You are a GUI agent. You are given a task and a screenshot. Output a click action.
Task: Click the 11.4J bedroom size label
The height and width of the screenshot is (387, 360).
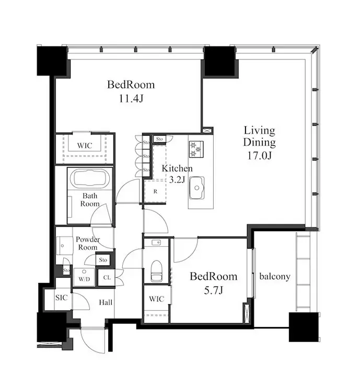(x=131, y=99)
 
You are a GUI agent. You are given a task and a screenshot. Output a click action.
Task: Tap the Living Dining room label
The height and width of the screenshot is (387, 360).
(x=259, y=136)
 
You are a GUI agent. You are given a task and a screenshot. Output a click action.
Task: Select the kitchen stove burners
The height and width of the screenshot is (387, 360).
(x=196, y=149)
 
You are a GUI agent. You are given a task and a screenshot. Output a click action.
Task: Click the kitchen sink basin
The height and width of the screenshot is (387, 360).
(x=197, y=188)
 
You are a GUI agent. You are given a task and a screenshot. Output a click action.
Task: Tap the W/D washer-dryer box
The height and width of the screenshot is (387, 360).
(x=84, y=277)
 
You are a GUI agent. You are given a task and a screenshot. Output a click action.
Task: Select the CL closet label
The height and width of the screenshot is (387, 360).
(x=107, y=278)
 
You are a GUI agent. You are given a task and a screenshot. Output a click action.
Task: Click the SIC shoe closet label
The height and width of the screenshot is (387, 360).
(x=62, y=298)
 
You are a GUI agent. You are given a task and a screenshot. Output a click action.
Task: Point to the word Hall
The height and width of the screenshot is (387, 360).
(x=106, y=302)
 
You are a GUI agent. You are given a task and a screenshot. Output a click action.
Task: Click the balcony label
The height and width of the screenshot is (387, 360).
(x=275, y=277)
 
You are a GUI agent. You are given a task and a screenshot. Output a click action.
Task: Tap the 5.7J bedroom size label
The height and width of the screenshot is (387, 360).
(x=214, y=290)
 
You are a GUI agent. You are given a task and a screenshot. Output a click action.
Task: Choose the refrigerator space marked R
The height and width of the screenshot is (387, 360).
(x=155, y=191)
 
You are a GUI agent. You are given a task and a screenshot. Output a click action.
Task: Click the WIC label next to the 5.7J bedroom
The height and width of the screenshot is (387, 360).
(x=157, y=299)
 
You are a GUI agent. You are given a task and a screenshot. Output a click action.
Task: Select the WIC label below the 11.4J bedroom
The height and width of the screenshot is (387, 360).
(x=85, y=145)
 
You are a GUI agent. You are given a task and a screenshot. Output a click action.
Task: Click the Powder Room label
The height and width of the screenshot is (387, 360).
(x=88, y=243)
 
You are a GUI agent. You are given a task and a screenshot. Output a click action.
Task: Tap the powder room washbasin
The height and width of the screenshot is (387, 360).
(x=65, y=246)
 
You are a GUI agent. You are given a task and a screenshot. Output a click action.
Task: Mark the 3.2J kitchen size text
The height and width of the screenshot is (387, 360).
(x=177, y=180)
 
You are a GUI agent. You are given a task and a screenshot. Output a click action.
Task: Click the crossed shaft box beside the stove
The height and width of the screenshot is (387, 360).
(x=207, y=131)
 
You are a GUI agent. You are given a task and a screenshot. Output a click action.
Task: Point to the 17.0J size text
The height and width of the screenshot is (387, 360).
(x=259, y=156)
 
